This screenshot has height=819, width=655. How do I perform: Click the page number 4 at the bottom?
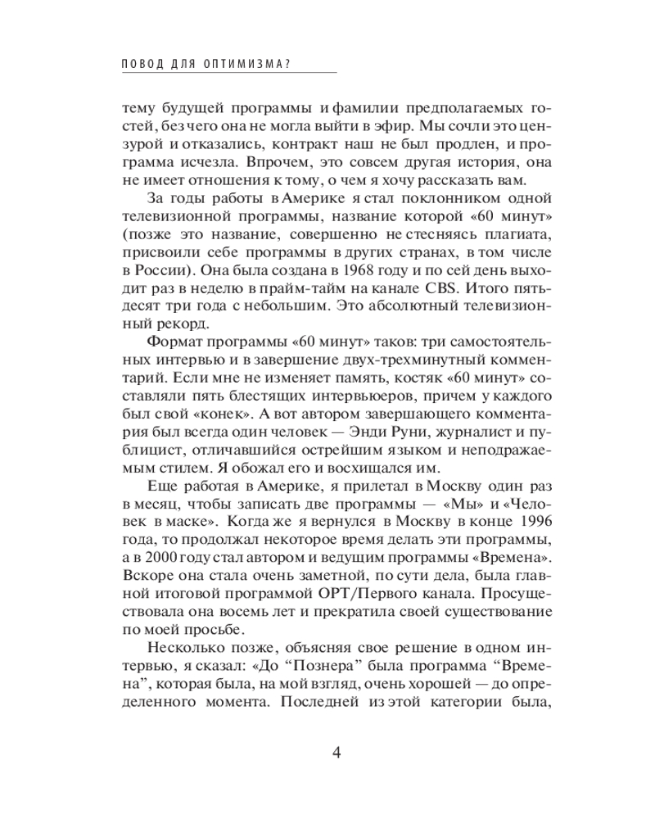pyautogui.click(x=336, y=753)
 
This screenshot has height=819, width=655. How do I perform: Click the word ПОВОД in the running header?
pyautogui.click(x=138, y=64)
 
